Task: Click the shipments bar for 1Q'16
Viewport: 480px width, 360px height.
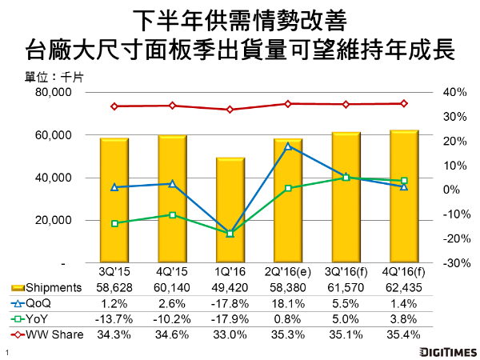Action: (x=230, y=210)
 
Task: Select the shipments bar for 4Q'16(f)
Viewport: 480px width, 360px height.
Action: (x=404, y=196)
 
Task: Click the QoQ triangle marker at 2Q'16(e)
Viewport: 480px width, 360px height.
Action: (x=288, y=146)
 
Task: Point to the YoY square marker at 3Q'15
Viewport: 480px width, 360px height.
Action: (x=114, y=223)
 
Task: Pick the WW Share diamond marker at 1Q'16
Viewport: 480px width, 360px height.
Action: (x=230, y=110)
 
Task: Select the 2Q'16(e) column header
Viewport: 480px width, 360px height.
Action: (x=287, y=273)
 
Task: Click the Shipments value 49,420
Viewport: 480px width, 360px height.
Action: (x=230, y=288)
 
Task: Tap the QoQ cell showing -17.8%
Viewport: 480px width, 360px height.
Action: (x=230, y=303)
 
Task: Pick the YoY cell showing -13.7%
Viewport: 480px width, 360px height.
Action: (x=114, y=318)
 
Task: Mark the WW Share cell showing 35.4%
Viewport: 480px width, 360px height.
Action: (x=403, y=334)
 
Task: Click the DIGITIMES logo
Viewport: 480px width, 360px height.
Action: (x=441, y=350)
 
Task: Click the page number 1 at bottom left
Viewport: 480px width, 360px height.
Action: (x=6, y=352)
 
